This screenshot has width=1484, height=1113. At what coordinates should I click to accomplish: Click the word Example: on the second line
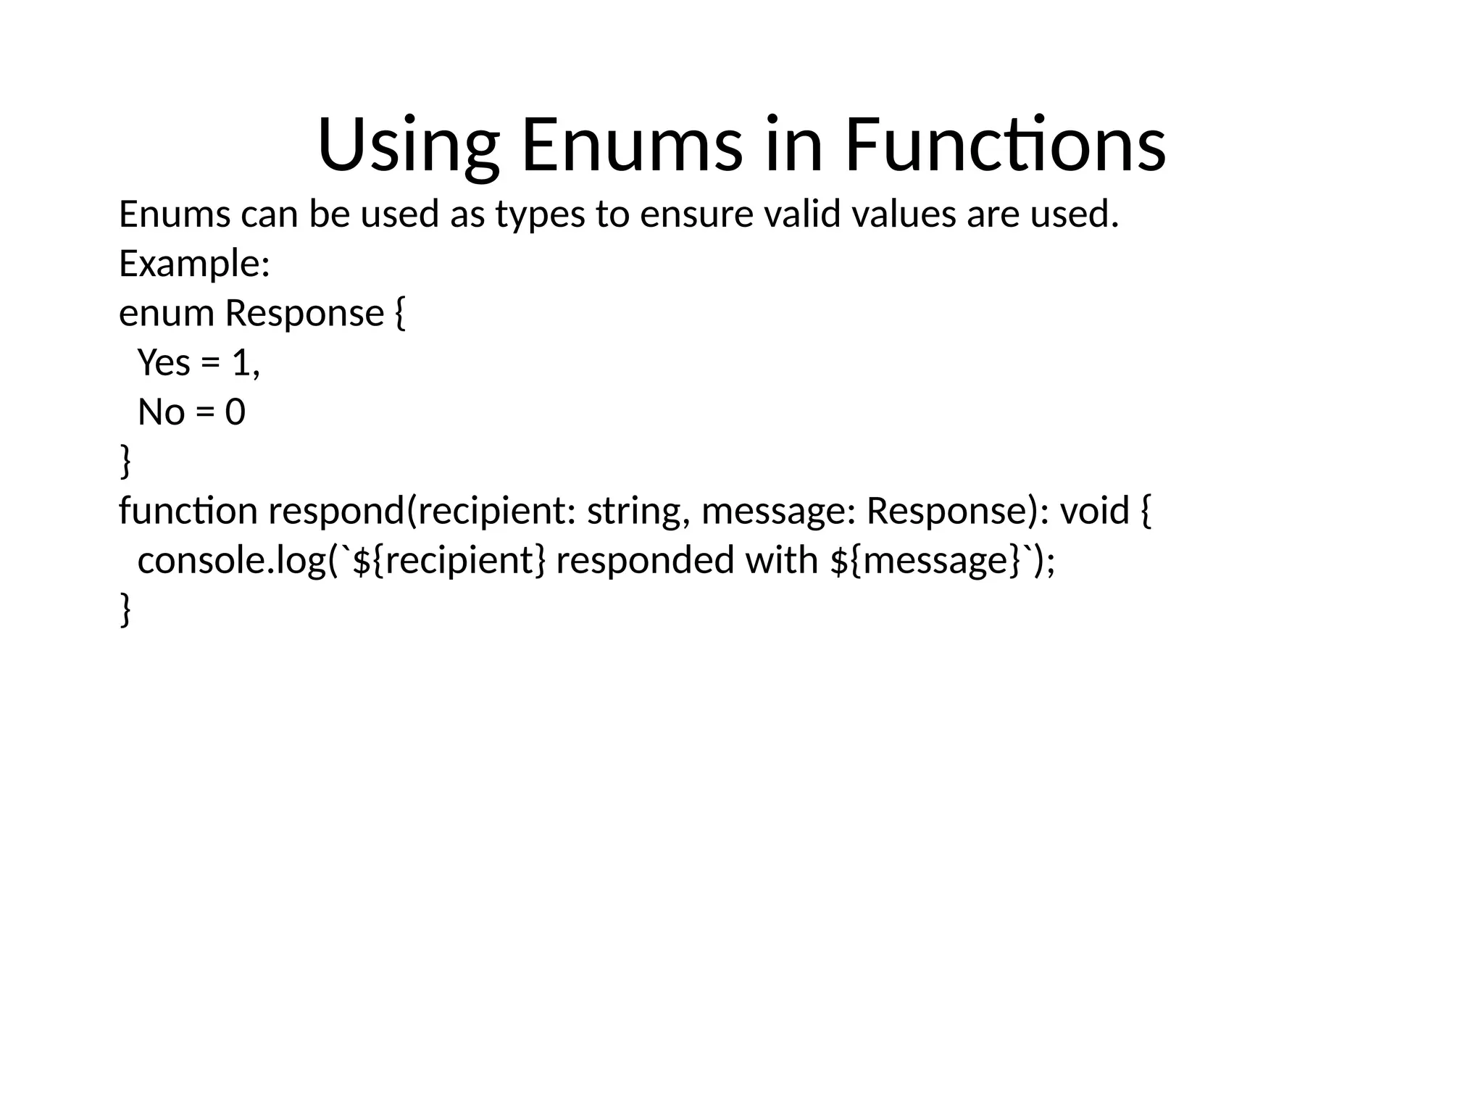click(194, 263)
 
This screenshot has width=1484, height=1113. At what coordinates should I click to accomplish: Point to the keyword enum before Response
click(166, 314)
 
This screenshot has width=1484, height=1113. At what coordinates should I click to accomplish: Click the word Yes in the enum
click(164, 362)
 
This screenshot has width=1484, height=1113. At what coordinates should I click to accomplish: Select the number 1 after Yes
click(241, 362)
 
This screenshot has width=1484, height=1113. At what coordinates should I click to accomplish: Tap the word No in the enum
click(161, 412)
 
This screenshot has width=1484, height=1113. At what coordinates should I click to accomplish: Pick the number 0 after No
click(235, 412)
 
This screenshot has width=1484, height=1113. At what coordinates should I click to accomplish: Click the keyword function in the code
click(188, 511)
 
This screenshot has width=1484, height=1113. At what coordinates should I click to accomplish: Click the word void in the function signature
click(1094, 511)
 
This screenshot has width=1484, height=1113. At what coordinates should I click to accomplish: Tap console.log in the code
click(233, 561)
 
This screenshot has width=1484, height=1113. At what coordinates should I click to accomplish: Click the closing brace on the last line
click(125, 610)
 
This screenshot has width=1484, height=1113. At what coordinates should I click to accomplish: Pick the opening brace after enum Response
click(400, 314)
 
